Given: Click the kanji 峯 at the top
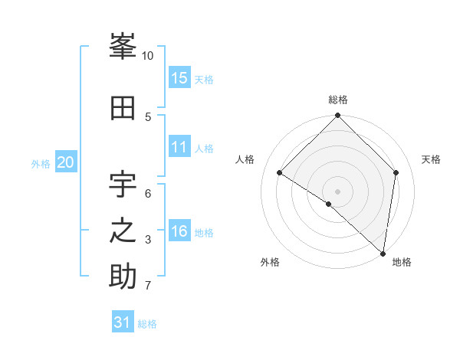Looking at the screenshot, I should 123,47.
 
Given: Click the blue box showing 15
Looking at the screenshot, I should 179,78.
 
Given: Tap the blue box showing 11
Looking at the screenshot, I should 179,147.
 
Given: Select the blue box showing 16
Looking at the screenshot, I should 179,231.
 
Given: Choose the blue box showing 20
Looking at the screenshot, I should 66,162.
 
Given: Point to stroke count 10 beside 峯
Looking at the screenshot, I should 147,56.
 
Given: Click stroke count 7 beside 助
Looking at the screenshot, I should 147,286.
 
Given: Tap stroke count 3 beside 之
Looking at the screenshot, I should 147,240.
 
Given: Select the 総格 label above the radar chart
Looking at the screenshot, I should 337,100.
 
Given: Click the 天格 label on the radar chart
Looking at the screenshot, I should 431,159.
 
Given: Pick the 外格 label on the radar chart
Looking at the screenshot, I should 270,262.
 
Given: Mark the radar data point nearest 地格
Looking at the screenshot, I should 383,253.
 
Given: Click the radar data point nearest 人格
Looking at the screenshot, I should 280,173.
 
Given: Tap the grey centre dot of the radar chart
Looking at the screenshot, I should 337,191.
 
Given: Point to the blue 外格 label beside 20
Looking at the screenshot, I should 41,163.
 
